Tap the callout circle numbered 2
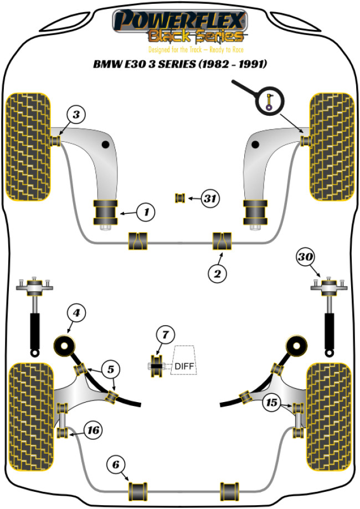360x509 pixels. point(217,273)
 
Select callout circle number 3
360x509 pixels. point(76,115)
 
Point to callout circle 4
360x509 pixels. point(76,313)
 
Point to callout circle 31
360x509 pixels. point(209,198)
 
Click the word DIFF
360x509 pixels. point(185,366)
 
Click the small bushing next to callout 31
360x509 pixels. point(179,198)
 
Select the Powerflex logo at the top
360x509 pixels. point(179,27)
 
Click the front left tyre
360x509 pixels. point(28,147)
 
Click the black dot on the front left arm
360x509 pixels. point(105,145)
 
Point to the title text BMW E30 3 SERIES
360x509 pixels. point(179,64)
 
